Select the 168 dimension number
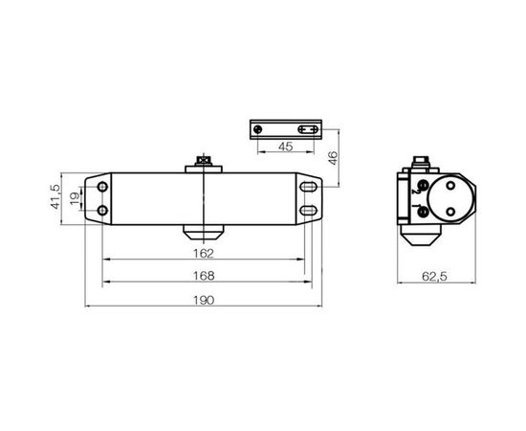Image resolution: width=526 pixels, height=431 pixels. tap(204, 275)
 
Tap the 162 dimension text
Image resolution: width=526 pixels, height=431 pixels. tap(204, 253)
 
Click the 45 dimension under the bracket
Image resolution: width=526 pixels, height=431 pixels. tap(285, 147)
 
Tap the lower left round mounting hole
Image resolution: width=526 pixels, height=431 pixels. tap(100, 209)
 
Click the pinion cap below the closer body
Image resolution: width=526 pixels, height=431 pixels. tap(203, 233)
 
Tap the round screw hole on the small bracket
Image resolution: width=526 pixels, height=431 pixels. tap(255, 128)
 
